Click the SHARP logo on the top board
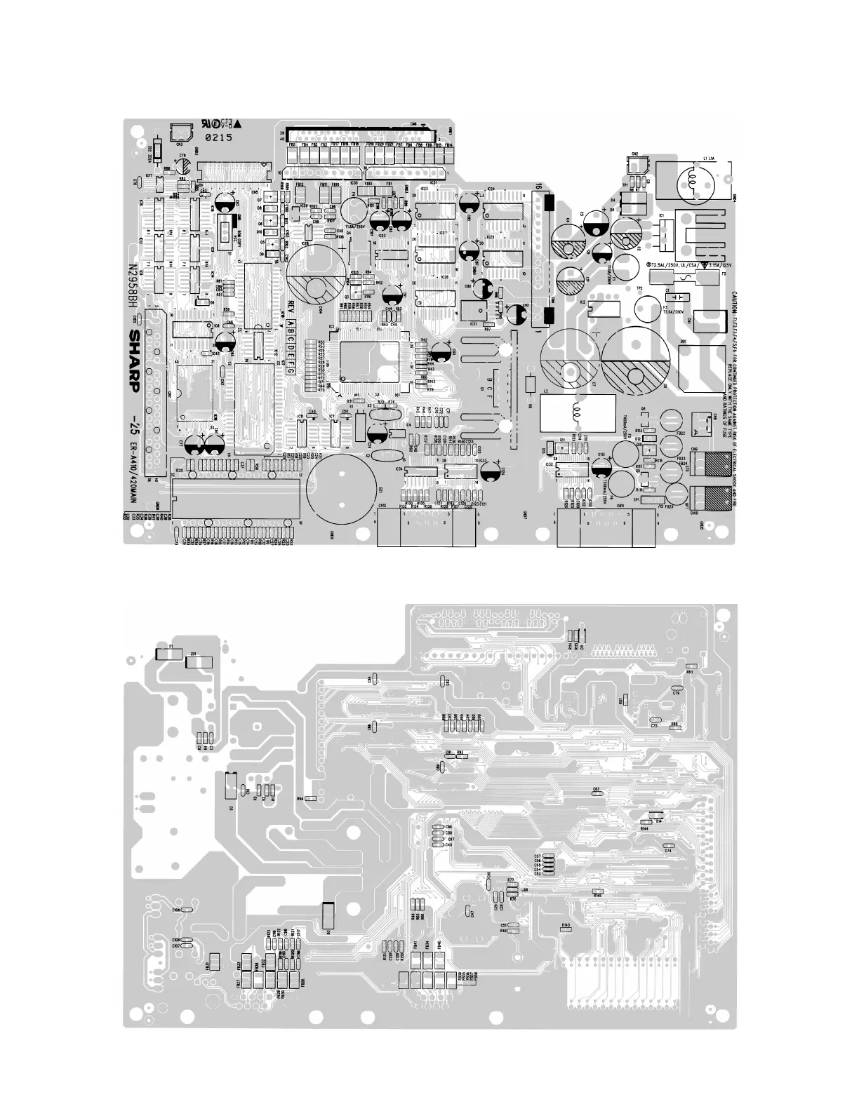pyautogui.click(x=133, y=365)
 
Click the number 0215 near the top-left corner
pyautogui.click(x=218, y=138)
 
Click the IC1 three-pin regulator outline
pyautogui.click(x=664, y=231)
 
